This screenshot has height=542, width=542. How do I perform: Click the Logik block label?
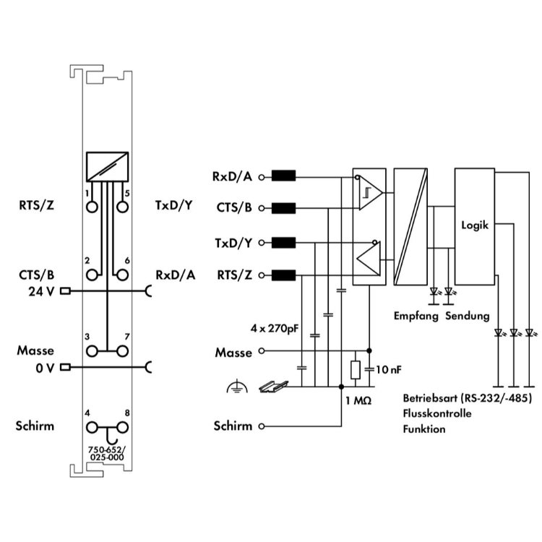[475, 225]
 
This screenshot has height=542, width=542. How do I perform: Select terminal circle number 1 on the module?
[92, 207]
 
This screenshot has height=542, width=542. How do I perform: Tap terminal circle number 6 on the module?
[122, 275]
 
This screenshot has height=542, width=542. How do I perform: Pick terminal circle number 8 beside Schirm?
[122, 428]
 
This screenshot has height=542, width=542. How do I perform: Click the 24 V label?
[41, 292]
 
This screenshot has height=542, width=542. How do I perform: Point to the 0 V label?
[45, 369]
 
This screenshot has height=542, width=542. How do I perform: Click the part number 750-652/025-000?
[107, 454]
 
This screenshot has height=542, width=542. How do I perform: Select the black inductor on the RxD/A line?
[283, 176]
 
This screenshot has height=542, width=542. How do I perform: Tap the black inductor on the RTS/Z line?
[283, 275]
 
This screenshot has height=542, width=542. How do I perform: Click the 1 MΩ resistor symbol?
[356, 369]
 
